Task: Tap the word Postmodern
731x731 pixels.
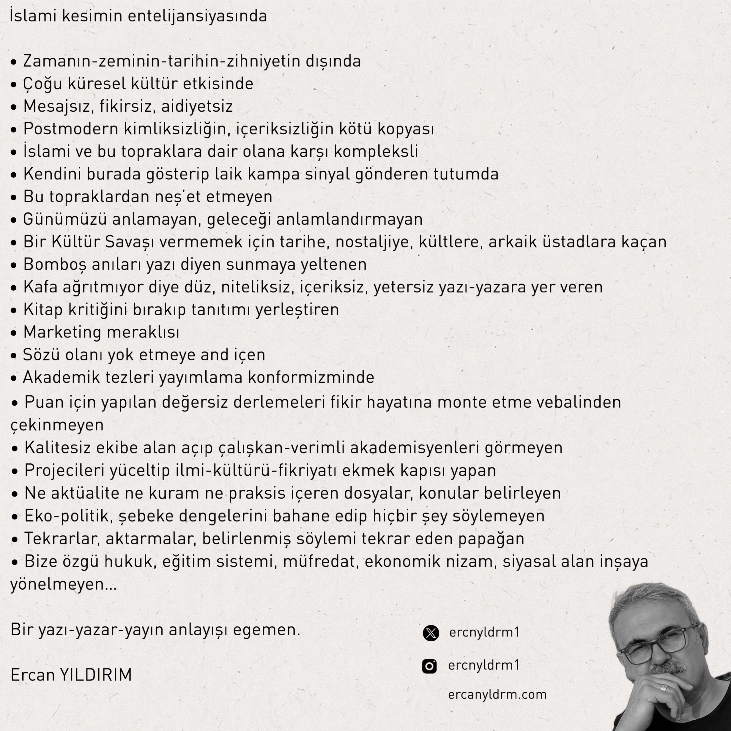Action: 71,129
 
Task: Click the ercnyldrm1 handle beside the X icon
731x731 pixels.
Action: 484,632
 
